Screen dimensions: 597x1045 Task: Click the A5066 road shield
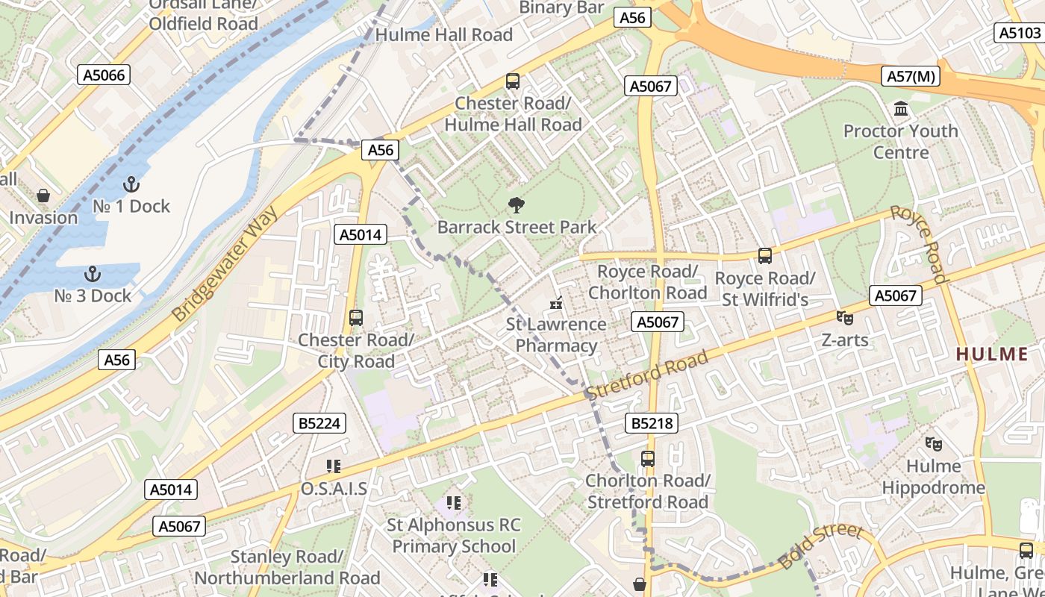[105, 75]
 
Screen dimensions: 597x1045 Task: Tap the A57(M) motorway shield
[911, 76]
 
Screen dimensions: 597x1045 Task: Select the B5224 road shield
[319, 424]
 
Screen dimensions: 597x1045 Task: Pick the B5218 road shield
[652, 424]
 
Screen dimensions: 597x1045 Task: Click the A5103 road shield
[1020, 33]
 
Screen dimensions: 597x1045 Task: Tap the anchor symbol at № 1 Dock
[131, 184]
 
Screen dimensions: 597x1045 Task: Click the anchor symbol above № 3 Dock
[93, 274]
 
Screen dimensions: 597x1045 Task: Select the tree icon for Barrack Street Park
[516, 205]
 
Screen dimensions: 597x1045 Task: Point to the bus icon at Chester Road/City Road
[356, 318]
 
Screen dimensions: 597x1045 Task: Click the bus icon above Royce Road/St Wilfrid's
[765, 256]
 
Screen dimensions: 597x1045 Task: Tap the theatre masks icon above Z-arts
[845, 318]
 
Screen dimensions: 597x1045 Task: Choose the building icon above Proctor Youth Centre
[901, 110]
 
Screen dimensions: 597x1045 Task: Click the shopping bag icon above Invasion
[43, 196]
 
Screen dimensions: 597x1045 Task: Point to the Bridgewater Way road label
[225, 263]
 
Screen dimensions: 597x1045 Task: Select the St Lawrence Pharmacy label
[556, 335]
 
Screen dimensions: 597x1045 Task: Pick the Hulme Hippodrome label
[934, 477]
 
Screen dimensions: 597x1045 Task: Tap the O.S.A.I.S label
[334, 489]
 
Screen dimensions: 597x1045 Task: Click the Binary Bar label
[561, 8]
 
